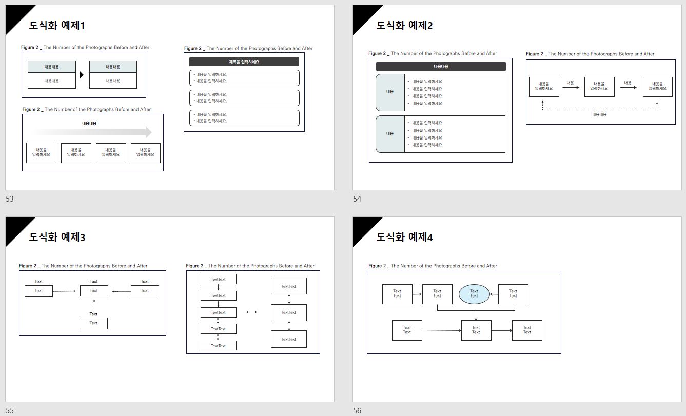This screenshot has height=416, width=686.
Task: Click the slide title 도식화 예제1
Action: coord(57,25)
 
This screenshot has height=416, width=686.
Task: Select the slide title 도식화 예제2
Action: coord(404,25)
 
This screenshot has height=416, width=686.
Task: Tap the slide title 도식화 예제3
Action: coord(57,237)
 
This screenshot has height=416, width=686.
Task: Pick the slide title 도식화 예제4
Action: coord(404,237)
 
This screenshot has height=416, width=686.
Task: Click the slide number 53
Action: coord(10,199)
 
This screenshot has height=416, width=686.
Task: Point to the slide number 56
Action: coord(357,411)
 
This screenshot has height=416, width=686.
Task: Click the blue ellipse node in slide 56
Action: coord(474,293)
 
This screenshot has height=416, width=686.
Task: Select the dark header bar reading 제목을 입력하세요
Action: coord(244,62)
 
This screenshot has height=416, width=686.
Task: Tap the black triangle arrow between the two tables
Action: coord(82,75)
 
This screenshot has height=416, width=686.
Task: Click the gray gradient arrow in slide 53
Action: coord(92,132)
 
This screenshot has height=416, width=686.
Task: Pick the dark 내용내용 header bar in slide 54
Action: coord(441,66)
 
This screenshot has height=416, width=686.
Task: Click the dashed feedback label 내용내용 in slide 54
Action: coord(599,115)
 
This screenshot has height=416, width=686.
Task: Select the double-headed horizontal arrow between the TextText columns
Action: coord(251,312)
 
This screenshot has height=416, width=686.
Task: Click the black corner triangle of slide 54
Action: coord(362,14)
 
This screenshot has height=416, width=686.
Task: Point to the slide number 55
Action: coord(10,411)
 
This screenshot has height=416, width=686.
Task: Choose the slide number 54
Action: coord(357,199)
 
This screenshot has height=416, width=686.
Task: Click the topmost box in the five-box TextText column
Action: coord(219,279)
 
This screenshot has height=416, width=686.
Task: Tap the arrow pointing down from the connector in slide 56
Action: coord(476,315)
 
